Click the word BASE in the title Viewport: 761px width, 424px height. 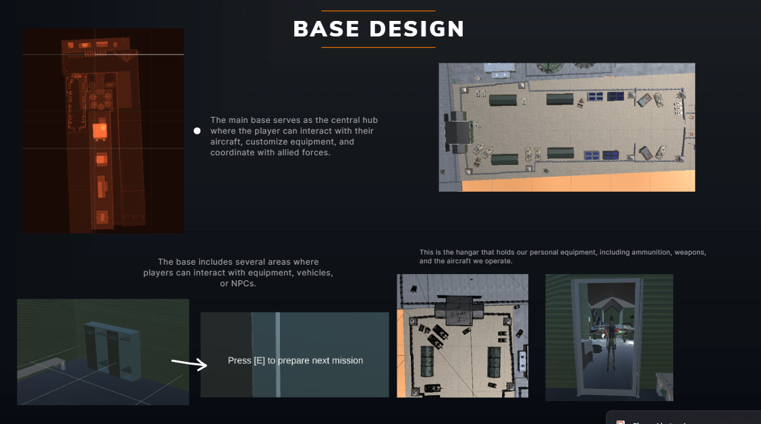pos(325,29)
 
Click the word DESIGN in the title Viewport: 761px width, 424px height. pos(417,29)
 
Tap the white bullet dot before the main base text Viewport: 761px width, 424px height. pos(197,131)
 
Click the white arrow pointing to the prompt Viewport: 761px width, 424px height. pos(190,364)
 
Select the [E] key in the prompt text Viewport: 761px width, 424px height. pos(259,361)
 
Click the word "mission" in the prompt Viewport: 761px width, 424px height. pos(346,361)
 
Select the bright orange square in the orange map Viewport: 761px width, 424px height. pos(100,130)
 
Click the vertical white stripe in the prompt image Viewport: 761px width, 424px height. pos(277,354)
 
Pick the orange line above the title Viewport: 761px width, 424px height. pos(378,11)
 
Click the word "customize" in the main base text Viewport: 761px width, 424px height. pos(283,142)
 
